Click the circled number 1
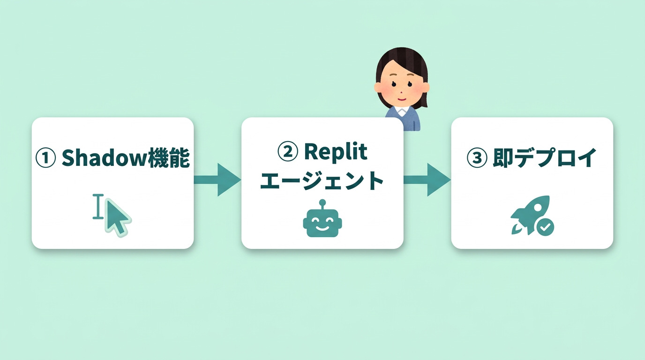46,158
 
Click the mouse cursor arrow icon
117,217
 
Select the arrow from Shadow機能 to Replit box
217,180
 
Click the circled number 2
288,152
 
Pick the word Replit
336,152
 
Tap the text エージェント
322,181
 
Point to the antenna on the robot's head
322,203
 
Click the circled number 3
477,158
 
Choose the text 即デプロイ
544,158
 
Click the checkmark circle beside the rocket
545,228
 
